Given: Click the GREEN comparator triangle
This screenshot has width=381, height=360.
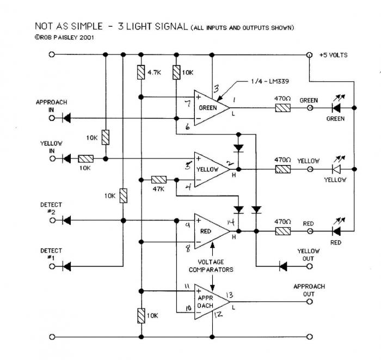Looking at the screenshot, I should (209, 108).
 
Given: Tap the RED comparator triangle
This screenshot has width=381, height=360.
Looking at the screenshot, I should (210, 230).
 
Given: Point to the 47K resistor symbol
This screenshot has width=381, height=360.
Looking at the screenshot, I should (158, 179).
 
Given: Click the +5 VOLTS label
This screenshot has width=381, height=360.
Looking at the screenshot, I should (333, 55).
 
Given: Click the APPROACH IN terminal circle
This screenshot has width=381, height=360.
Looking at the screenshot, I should (52, 117).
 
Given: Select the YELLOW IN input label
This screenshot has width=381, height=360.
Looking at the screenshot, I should (51, 147).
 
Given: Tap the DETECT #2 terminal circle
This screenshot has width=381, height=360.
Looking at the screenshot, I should (52, 221).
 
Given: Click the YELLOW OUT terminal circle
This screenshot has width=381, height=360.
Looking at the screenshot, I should (309, 266).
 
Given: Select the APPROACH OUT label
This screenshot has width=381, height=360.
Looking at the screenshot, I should (309, 289).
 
